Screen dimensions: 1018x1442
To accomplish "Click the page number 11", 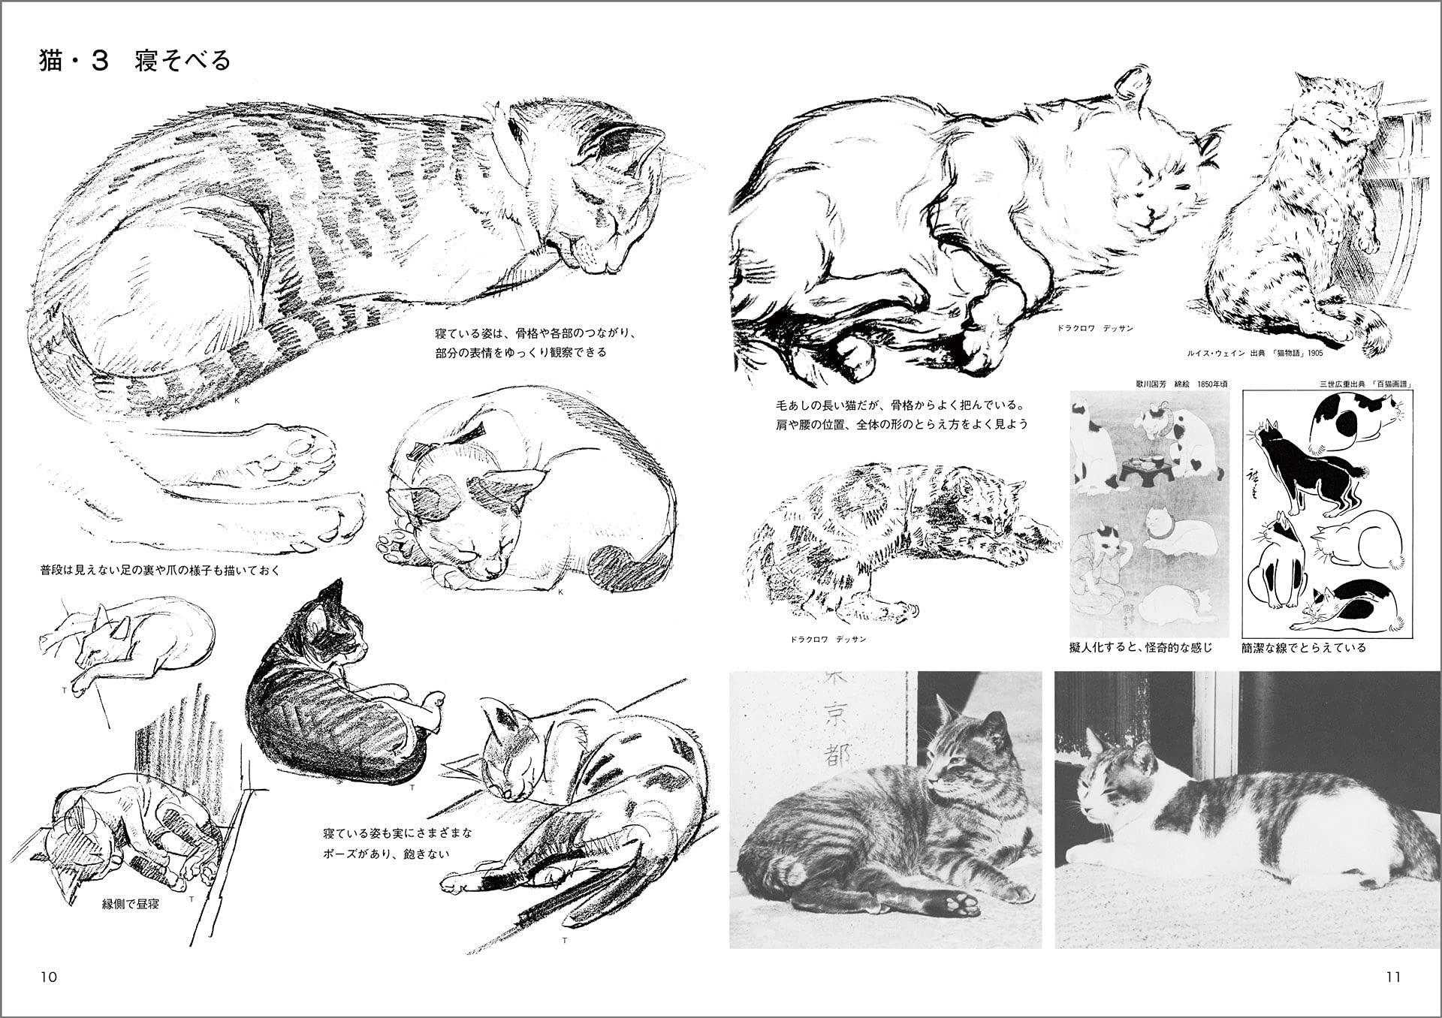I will [x=1393, y=977].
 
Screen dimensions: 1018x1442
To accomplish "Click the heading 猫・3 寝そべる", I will [x=134, y=61].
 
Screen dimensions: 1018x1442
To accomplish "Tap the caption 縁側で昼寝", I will [x=131, y=904].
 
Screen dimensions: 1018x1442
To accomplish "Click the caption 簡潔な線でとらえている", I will [x=1303, y=647].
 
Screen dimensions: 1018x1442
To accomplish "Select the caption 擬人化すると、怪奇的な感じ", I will [x=1140, y=647].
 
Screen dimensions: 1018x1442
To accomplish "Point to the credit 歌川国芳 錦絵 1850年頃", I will [x=1181, y=384].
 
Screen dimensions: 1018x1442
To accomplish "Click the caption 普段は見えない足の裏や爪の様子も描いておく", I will [x=160, y=571].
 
